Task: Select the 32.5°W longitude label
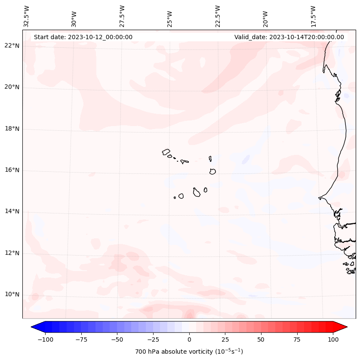[27, 16]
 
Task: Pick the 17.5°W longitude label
[314, 16]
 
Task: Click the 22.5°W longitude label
[218, 16]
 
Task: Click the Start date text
[83, 37]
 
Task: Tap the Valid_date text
[289, 37]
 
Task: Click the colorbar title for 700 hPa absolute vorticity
[189, 352]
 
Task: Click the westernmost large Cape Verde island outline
[166, 152]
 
